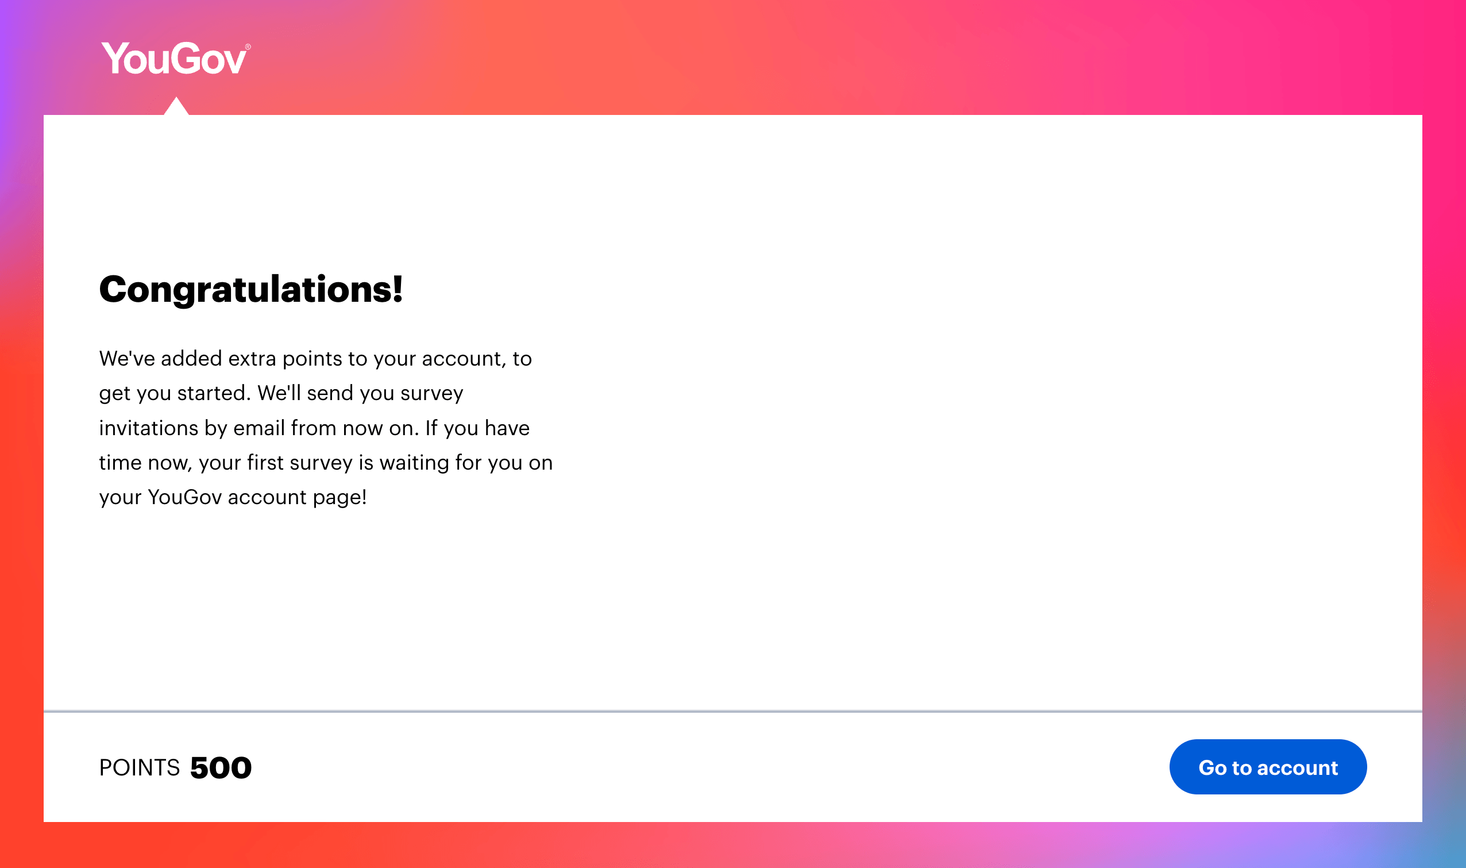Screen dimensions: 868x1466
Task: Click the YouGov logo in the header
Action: tap(174, 59)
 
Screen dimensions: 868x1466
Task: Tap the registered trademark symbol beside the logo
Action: tap(248, 47)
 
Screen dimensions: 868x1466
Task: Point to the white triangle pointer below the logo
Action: tap(176, 107)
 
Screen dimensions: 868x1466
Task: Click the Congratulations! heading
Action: tap(251, 289)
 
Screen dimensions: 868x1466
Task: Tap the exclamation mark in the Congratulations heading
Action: tap(398, 289)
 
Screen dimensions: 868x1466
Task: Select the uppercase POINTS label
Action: tap(139, 767)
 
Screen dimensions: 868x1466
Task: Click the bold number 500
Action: tap(221, 767)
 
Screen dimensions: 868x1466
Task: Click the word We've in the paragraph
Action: tap(127, 359)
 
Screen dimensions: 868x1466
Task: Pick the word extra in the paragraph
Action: tap(252, 359)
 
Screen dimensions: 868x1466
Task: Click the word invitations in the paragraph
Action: tap(148, 428)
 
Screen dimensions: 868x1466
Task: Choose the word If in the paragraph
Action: tap(431, 428)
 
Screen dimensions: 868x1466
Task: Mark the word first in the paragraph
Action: tap(265, 463)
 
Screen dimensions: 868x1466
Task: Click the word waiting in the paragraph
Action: tap(414, 463)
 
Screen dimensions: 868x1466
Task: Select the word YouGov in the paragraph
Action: tap(184, 497)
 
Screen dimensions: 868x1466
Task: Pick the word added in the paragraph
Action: tap(191, 359)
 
